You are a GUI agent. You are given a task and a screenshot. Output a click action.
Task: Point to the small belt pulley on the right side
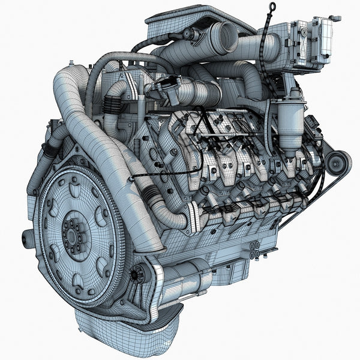pos(337,163)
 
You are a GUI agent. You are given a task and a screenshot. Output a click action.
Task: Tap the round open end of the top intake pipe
pos(227,37)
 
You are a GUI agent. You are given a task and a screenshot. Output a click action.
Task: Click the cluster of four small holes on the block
pos(254,249)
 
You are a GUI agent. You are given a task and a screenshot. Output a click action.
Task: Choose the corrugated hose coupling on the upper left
pos(112,106)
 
